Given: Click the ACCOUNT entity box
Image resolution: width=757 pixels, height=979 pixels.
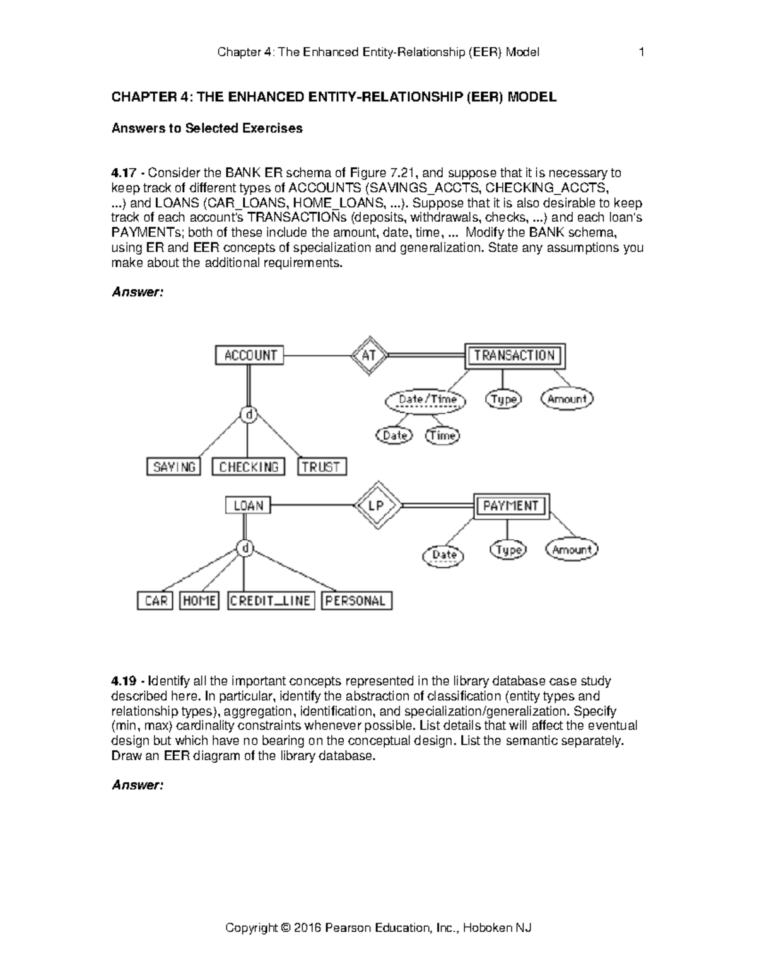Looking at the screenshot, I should click(x=250, y=356).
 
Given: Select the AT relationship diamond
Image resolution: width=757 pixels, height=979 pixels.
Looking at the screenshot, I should click(x=369, y=356).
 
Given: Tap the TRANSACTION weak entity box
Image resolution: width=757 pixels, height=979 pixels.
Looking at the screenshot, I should click(x=514, y=356).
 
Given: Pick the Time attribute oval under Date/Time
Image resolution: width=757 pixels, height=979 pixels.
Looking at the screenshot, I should click(x=442, y=436).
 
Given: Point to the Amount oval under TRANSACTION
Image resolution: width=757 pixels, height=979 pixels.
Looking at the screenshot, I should click(x=567, y=399).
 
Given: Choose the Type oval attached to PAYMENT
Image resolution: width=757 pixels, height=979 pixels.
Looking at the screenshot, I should click(x=508, y=550).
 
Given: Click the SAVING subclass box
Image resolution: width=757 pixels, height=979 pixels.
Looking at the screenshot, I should click(x=173, y=467).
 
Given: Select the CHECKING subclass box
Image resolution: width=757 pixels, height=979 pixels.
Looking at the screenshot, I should click(x=249, y=467).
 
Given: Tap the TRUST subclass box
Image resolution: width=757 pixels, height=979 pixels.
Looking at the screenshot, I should click(x=321, y=467).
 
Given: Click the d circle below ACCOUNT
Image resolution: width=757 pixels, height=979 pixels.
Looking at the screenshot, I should click(x=250, y=415).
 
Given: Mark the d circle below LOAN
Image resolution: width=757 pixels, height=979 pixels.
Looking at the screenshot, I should click(x=245, y=548).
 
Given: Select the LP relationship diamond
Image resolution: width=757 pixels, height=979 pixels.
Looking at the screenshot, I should click(x=375, y=506).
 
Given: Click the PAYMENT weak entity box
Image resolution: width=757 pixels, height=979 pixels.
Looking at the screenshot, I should click(x=511, y=506).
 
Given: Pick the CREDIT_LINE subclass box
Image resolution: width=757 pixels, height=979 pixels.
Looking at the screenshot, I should click(x=270, y=601).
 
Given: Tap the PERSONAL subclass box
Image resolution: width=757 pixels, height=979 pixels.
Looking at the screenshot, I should click(x=356, y=601).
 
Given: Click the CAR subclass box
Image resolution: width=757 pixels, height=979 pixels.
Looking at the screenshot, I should click(x=155, y=601).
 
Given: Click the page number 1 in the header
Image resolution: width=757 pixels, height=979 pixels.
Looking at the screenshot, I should click(x=642, y=52).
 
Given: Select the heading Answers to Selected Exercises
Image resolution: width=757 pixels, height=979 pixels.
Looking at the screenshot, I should click(x=207, y=129).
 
